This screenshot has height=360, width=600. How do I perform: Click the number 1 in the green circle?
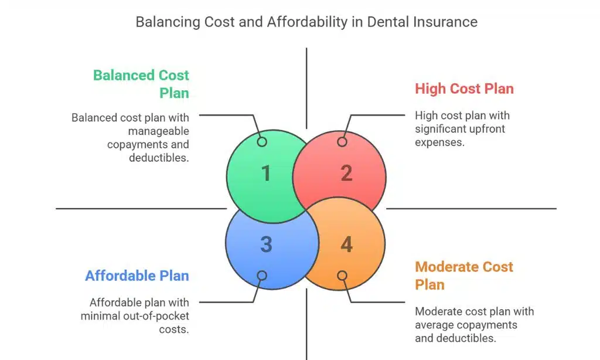[266, 174]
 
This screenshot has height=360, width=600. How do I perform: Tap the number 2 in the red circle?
[346, 174]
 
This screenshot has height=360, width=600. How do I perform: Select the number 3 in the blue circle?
[266, 244]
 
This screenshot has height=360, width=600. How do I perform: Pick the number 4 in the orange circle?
[346, 244]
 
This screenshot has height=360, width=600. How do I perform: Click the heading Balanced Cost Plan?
[141, 84]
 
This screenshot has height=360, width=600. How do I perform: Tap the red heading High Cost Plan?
[464, 89]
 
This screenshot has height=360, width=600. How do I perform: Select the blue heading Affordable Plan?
[137, 276]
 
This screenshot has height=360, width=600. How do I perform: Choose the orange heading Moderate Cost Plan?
[464, 276]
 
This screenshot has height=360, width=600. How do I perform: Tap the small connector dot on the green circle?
[262, 142]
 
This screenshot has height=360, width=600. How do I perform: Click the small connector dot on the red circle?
[342, 142]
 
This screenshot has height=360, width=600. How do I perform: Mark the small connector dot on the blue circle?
[262, 276]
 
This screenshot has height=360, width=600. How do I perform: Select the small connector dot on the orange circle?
[342, 276]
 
